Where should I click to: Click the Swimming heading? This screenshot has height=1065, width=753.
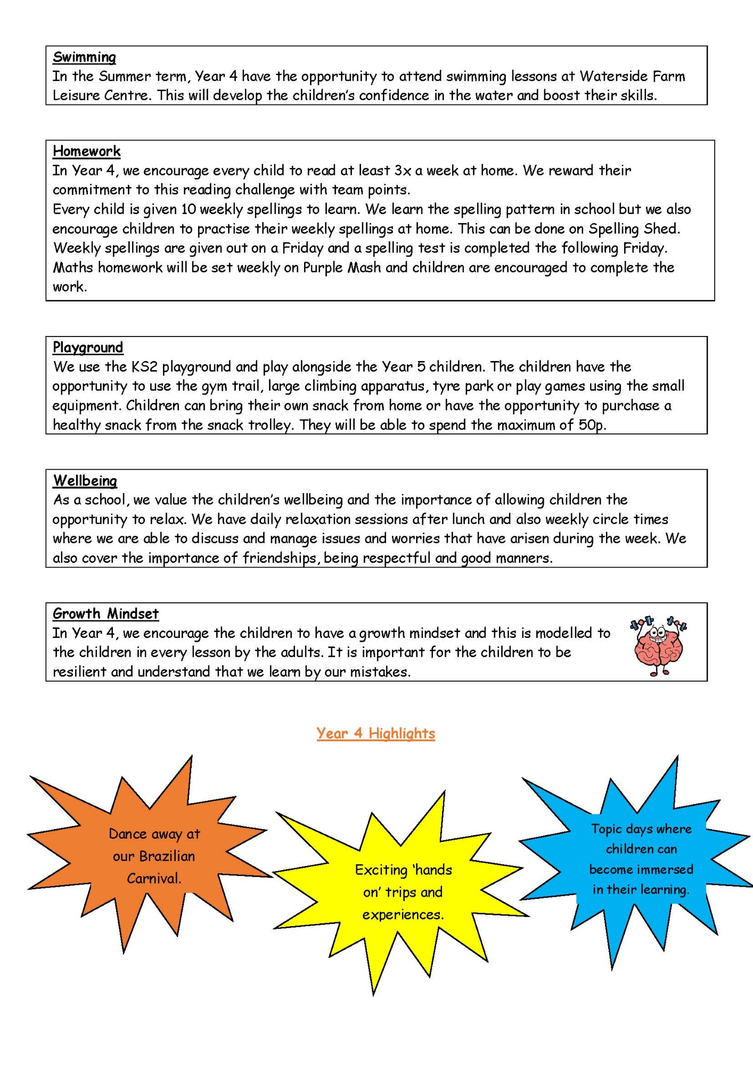pyautogui.click(x=84, y=57)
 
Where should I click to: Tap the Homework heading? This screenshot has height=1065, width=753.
pyautogui.click(x=87, y=151)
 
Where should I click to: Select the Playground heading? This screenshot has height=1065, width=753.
pyautogui.click(x=88, y=348)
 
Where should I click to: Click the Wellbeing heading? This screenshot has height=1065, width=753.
pyautogui.click(x=85, y=481)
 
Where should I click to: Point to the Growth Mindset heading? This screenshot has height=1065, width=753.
pyautogui.click(x=105, y=614)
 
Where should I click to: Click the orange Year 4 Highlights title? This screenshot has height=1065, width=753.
pyautogui.click(x=375, y=733)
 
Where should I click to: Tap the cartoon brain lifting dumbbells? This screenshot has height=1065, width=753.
pyautogui.click(x=658, y=645)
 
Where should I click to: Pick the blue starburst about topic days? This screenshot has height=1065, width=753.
pyautogui.click(x=639, y=857)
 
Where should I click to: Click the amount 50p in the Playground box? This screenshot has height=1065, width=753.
pyautogui.click(x=592, y=425)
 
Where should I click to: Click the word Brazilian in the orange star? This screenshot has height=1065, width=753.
pyautogui.click(x=167, y=856)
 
